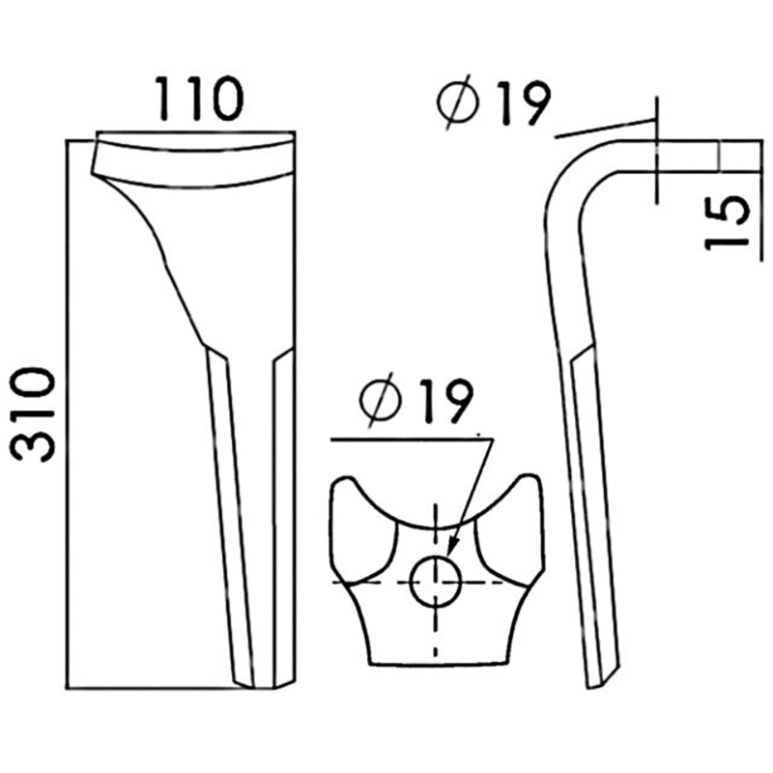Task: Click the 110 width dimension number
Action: click(x=199, y=99)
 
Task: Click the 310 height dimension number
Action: click(x=33, y=415)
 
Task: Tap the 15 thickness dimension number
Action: click(x=727, y=222)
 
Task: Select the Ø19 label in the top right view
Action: click(x=494, y=103)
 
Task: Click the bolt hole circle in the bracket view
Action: click(x=436, y=582)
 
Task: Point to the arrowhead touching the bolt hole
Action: click(x=452, y=546)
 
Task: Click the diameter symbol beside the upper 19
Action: click(x=458, y=103)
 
